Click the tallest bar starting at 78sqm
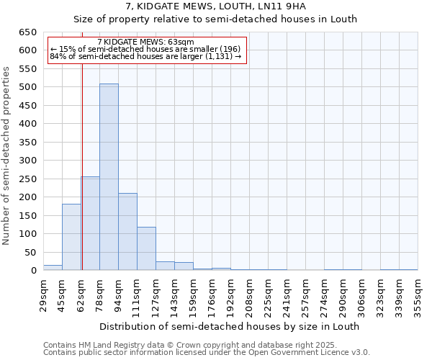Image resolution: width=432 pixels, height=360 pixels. click(109, 177)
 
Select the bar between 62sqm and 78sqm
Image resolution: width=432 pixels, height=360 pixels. click(91, 223)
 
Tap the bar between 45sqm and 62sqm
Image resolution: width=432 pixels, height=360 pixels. click(71, 237)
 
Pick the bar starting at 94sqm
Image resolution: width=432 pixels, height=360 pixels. click(127, 232)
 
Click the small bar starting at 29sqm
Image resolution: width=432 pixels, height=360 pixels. click(53, 267)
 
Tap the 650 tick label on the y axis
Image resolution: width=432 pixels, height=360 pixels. click(27, 32)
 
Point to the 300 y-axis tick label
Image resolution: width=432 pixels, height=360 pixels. click(27, 161)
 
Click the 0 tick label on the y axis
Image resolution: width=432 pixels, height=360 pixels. click(33, 271)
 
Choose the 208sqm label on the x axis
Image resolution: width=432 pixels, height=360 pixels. click(249, 295)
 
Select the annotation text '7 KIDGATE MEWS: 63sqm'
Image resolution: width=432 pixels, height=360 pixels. click(145, 42)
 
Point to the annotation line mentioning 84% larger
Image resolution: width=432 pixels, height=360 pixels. click(145, 57)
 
